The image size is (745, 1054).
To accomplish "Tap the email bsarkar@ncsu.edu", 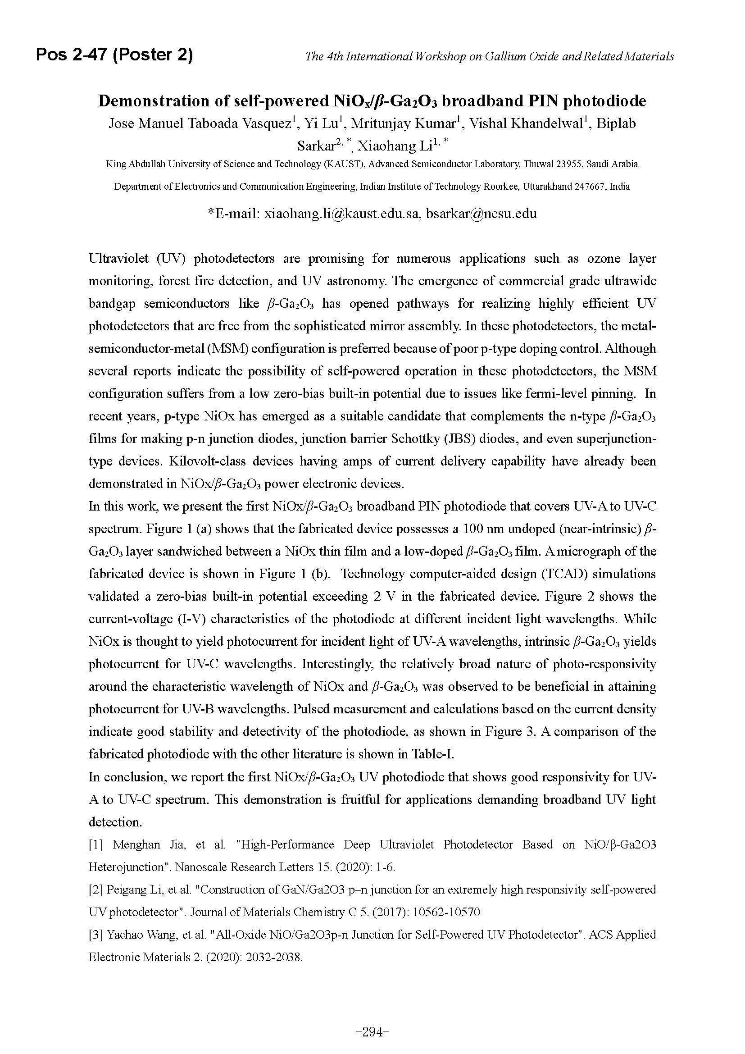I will click(482, 214).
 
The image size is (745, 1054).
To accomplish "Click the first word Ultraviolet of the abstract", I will click(118, 259).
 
